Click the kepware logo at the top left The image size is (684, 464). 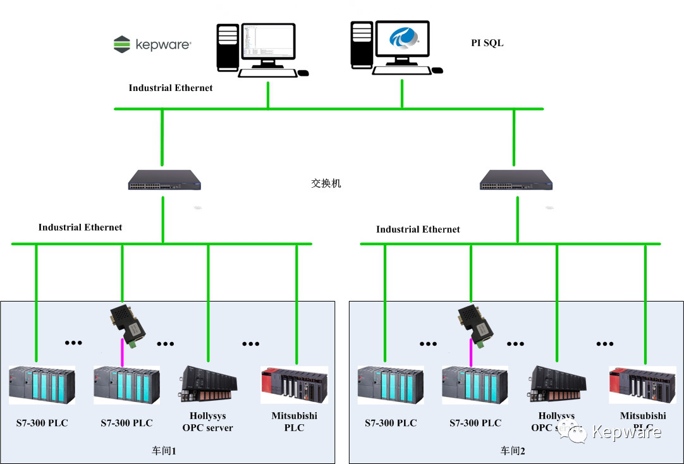pos(152,44)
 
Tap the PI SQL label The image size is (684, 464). pos(487,43)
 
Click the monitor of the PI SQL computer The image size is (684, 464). pos(403,42)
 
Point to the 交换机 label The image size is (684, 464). pos(326,183)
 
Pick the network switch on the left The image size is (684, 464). pos(162,180)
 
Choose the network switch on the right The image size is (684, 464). pos(515,180)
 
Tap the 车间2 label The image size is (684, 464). pos(513,450)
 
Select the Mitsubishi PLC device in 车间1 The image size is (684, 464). pos(294,384)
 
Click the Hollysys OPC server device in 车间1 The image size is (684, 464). pos(209,384)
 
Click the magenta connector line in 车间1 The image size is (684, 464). pos(122,352)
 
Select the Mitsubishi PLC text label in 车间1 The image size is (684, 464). pos(294,422)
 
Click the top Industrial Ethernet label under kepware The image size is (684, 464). pos(171,88)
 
